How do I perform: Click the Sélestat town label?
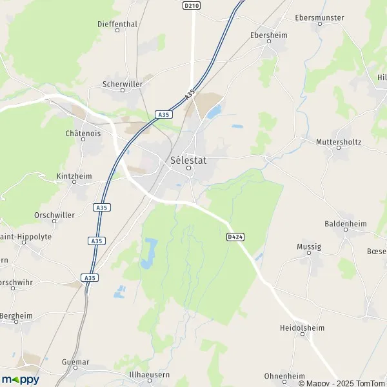189,160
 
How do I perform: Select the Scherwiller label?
122,84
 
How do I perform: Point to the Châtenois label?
83,134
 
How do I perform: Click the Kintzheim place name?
75,175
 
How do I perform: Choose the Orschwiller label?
54,215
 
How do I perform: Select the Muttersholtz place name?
339,141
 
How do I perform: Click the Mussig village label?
309,246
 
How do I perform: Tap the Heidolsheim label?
302,328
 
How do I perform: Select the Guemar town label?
75,362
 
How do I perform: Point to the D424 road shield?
235,237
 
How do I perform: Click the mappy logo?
20,379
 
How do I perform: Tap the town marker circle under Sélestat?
189,169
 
